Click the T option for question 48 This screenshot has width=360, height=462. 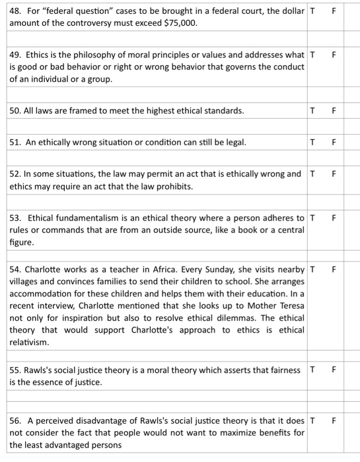coord(312,11)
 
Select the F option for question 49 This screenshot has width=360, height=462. coord(334,55)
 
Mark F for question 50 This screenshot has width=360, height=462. coord(334,111)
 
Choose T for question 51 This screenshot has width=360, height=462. coord(312,142)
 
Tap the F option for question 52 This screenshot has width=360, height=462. coord(334,174)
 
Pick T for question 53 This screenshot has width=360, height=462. coord(312,218)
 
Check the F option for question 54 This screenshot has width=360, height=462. coord(334,269)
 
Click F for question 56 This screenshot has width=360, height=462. coord(334,420)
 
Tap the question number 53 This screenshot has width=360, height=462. coord(16,218)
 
